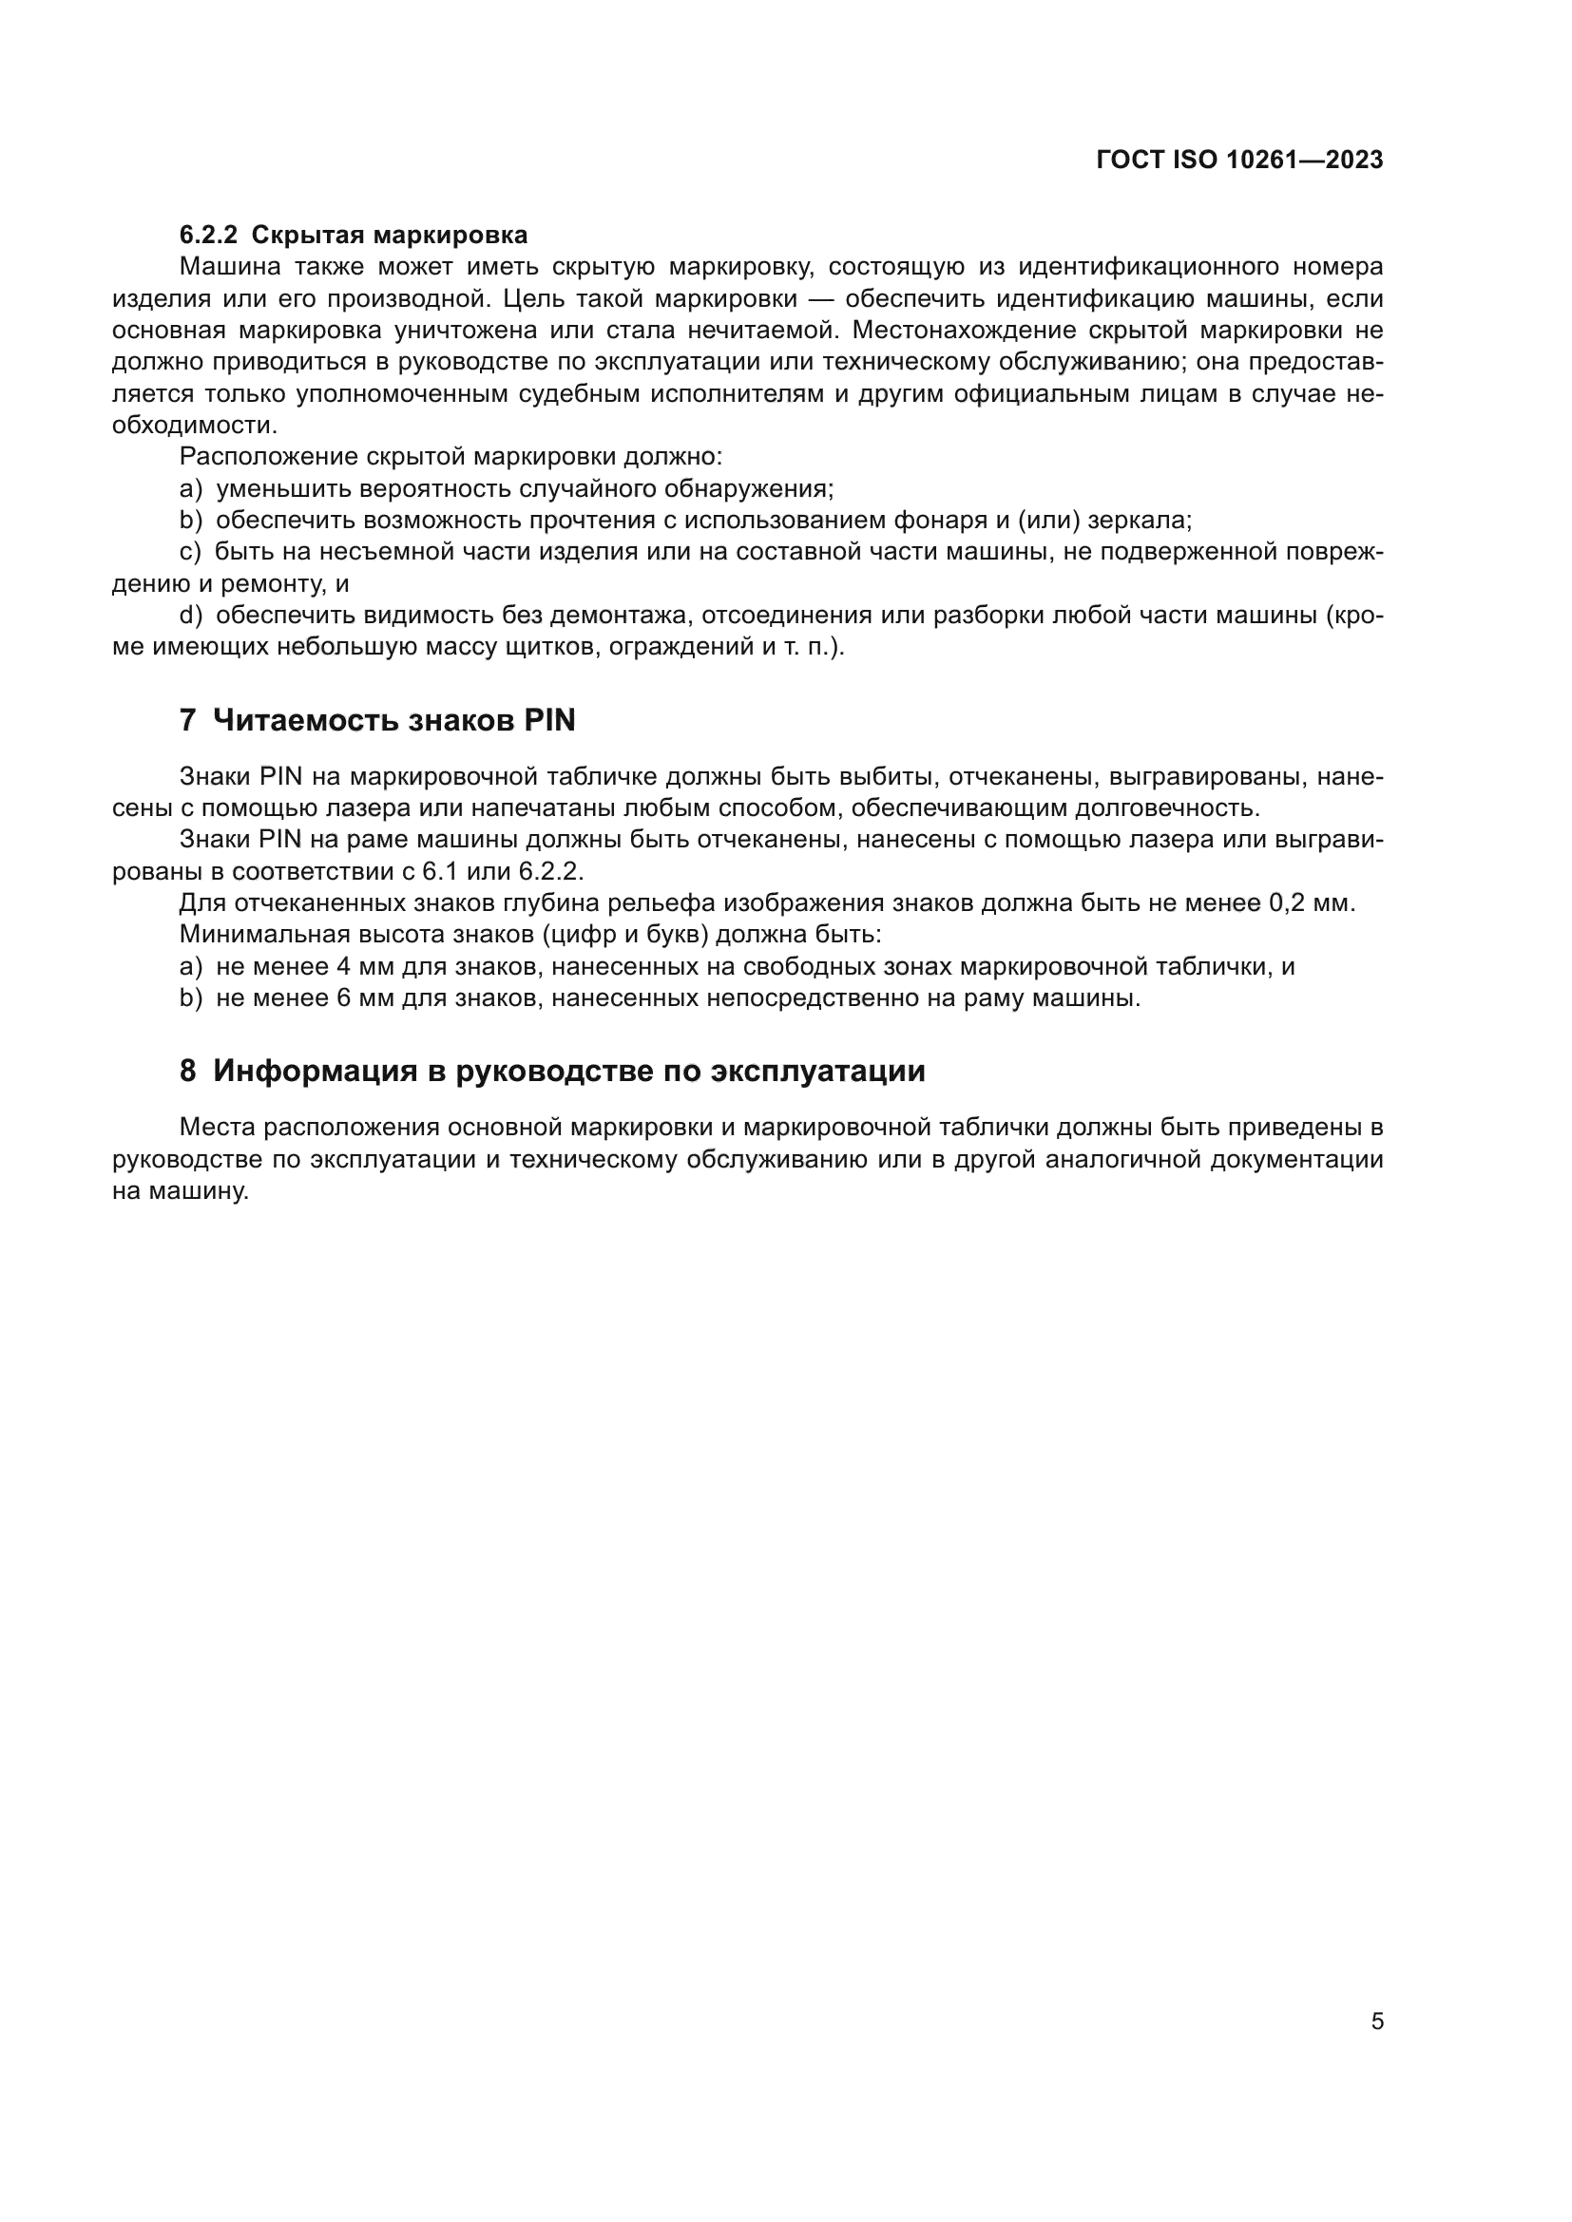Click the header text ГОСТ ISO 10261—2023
(x=1239, y=160)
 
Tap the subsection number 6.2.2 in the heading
(x=208, y=236)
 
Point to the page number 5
(x=1377, y=2021)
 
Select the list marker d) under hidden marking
(x=191, y=616)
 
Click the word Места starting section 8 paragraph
(x=217, y=1128)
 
